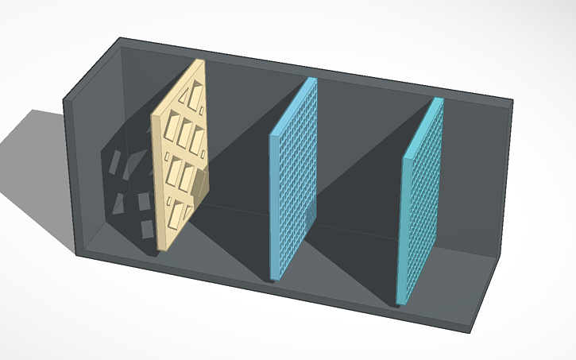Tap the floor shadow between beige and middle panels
[x=230, y=215]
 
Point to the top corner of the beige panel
[x=199, y=61]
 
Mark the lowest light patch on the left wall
[x=147, y=230]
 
